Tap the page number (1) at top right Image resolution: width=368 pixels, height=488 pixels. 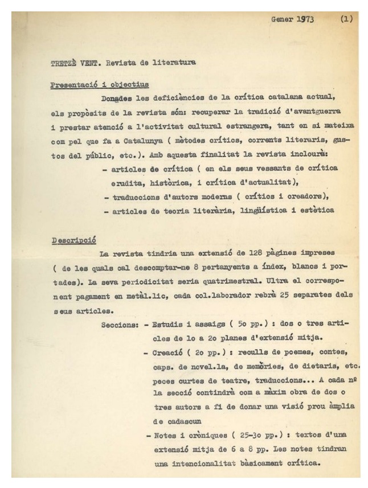pyautogui.click(x=346, y=18)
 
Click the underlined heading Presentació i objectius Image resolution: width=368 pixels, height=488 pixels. pyautogui.click(x=100, y=85)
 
